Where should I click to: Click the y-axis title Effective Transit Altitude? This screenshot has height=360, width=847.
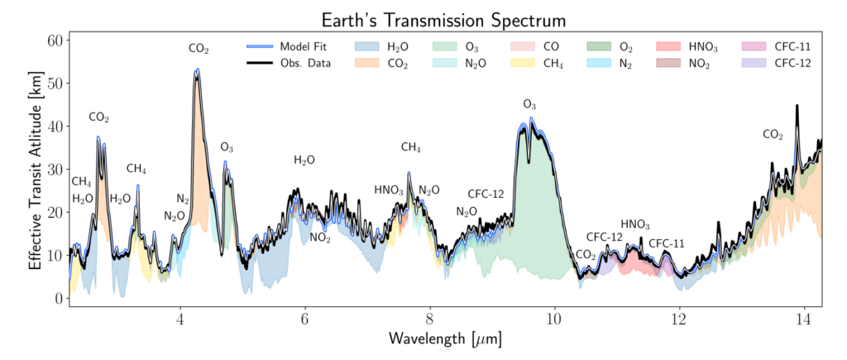35,169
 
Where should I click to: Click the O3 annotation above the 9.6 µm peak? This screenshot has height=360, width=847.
530,104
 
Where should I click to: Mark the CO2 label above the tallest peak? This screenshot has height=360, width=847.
199,49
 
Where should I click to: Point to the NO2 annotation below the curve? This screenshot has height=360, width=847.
320,238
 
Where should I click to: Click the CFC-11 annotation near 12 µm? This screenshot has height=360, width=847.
666,243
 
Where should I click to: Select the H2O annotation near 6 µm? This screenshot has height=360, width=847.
304,160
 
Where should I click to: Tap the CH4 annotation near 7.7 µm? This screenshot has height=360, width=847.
410,147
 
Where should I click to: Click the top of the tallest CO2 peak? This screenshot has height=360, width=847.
197,70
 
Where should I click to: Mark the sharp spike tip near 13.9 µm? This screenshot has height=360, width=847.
797,105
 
